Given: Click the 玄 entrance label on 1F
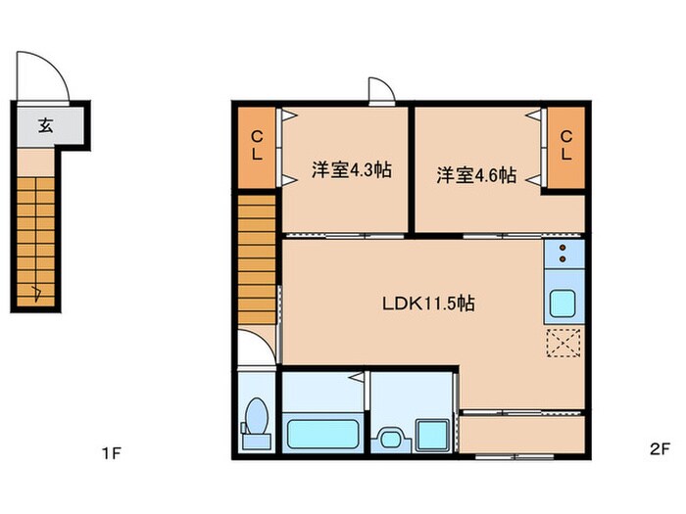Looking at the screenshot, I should pyautogui.click(x=46, y=124).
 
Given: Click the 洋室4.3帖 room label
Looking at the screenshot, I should pyautogui.click(x=352, y=170).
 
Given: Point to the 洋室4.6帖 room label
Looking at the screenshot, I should pyautogui.click(x=476, y=175).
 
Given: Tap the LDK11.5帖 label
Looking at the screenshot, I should pyautogui.click(x=428, y=304).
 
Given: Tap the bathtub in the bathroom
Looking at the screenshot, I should pyautogui.click(x=321, y=432).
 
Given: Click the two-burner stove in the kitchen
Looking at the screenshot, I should pyautogui.click(x=563, y=255).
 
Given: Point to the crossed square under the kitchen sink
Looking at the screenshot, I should pyautogui.click(x=563, y=345).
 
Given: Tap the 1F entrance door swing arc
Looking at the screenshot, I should pyautogui.click(x=43, y=74).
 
